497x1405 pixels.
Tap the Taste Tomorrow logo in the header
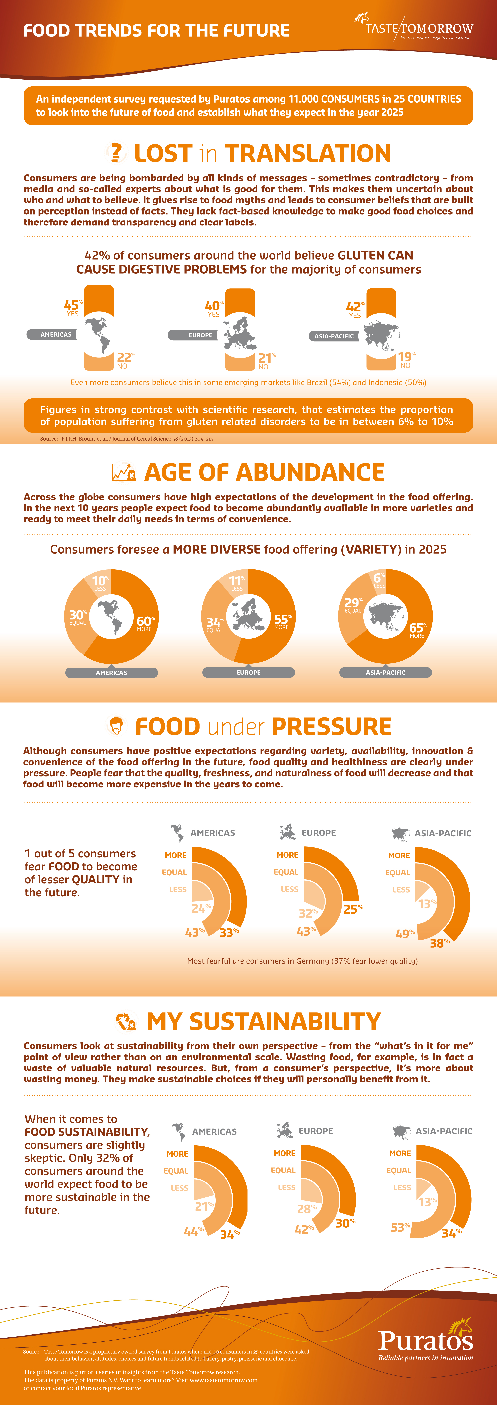click(x=413, y=26)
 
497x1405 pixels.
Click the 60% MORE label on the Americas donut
click(x=145, y=623)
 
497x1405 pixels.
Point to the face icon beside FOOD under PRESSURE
click(x=116, y=726)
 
